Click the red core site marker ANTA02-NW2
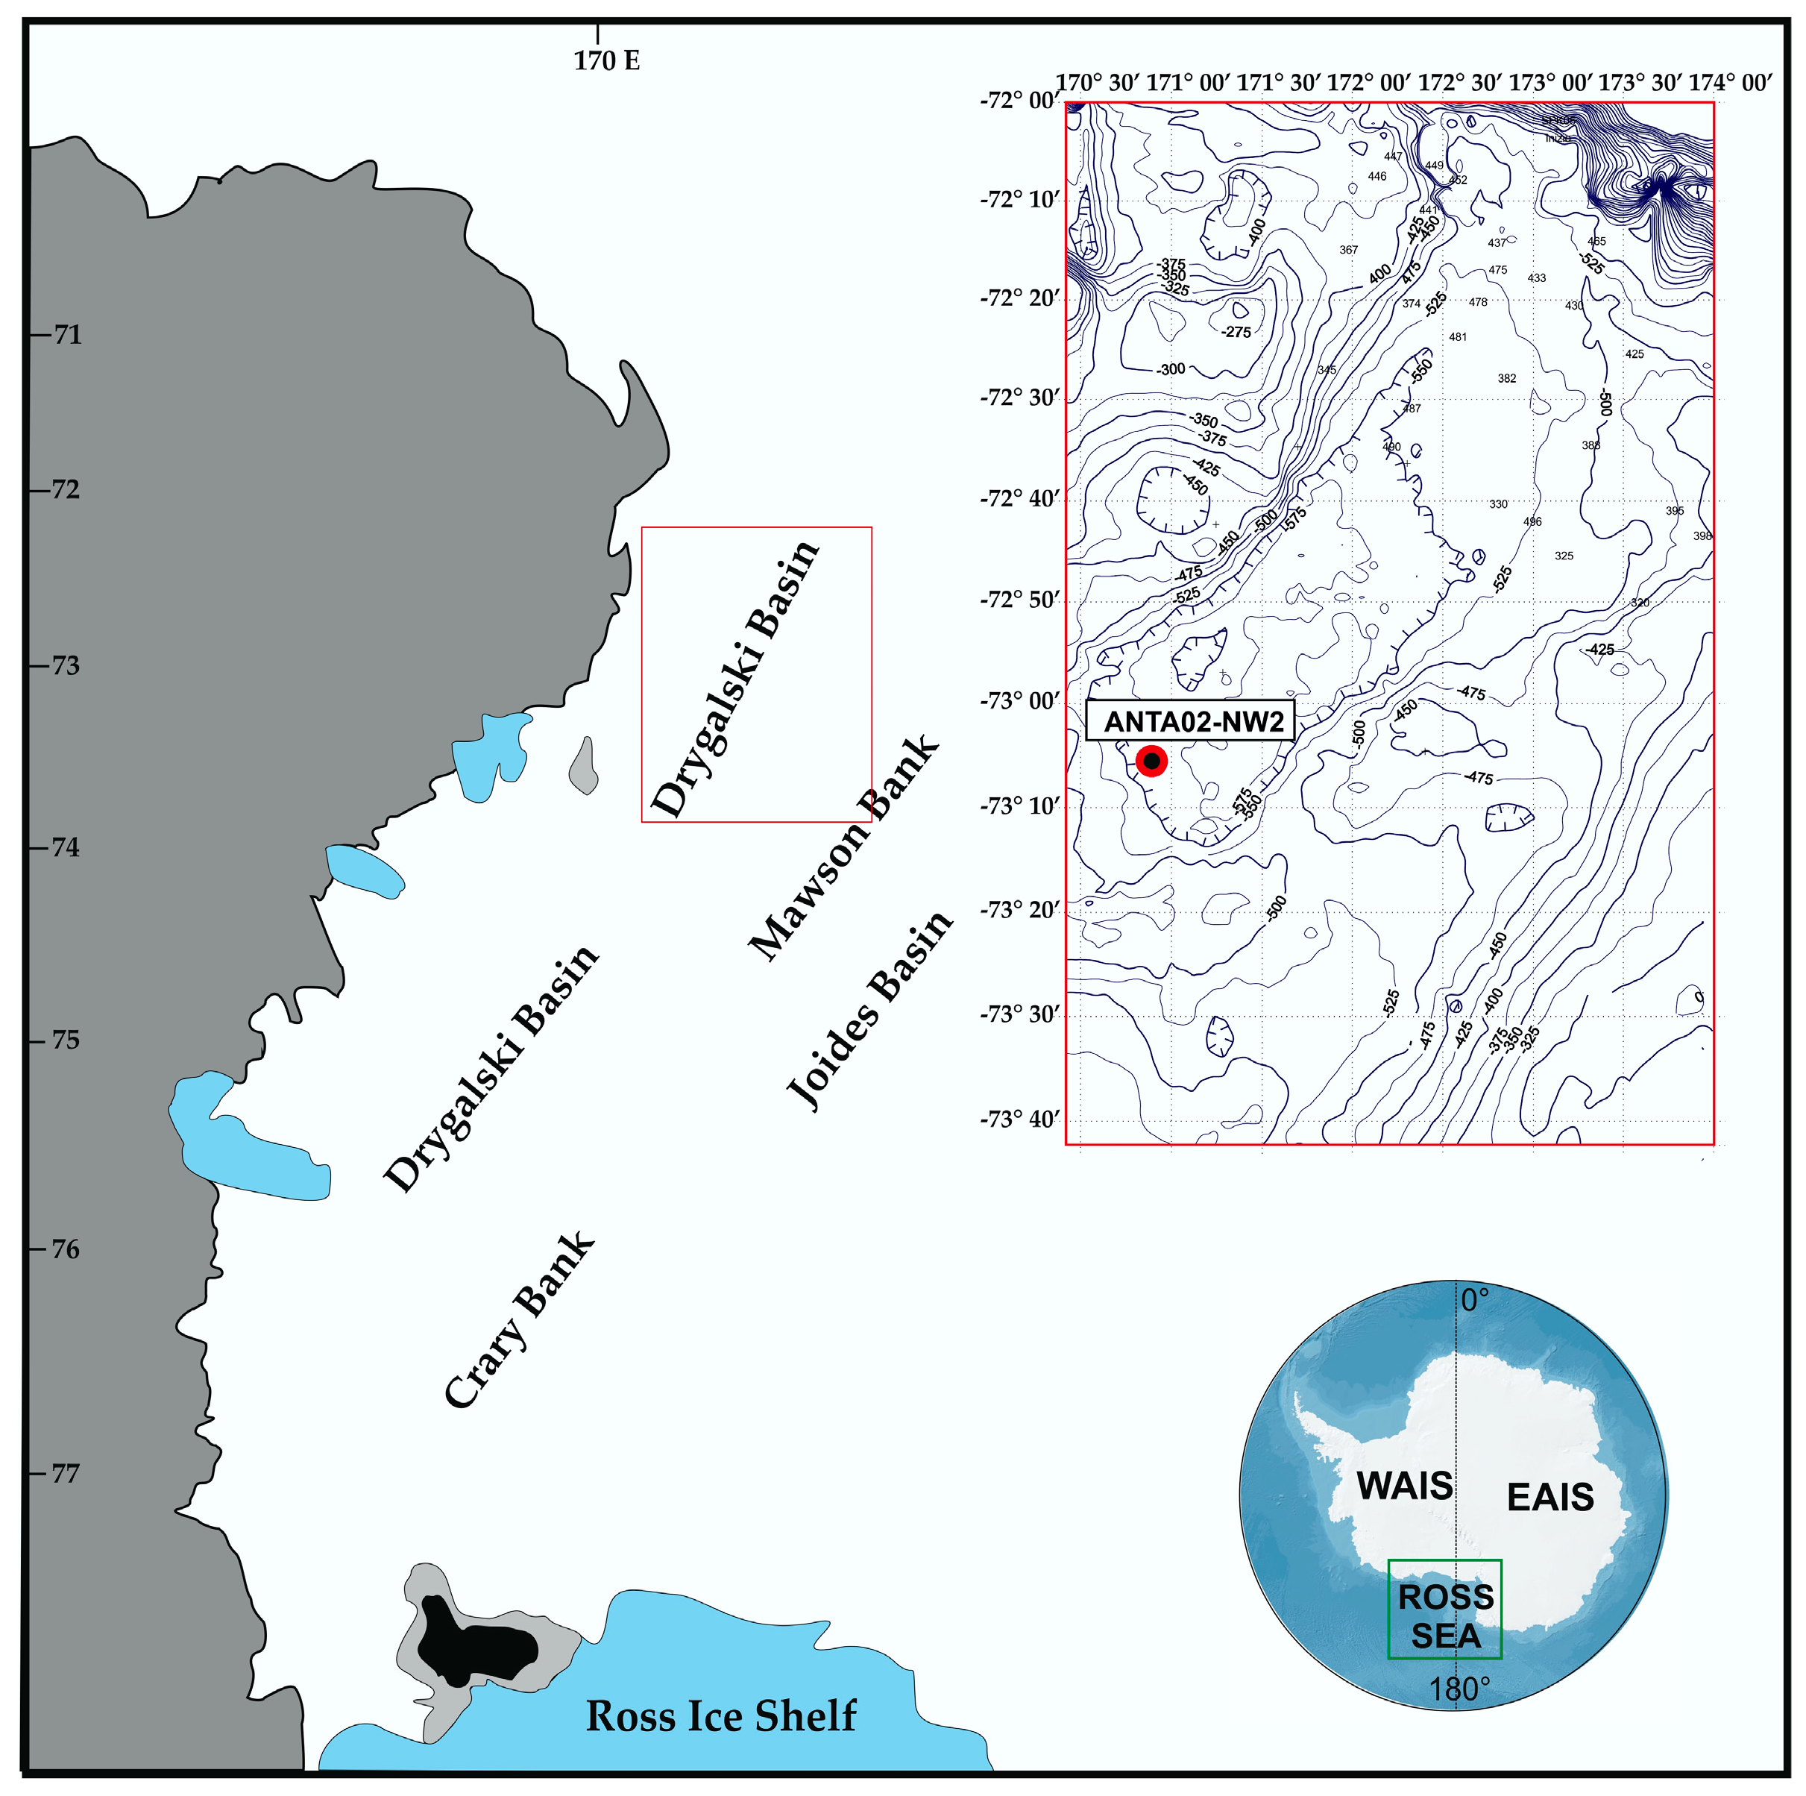click(x=1151, y=761)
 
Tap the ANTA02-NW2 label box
click(x=1191, y=720)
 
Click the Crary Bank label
click(x=519, y=1320)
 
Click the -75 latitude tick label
click(x=63, y=1040)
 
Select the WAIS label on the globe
click(x=1405, y=1486)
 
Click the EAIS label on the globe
click(x=1550, y=1497)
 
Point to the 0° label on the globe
click(x=1475, y=1299)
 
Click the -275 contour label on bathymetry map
click(x=1236, y=332)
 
